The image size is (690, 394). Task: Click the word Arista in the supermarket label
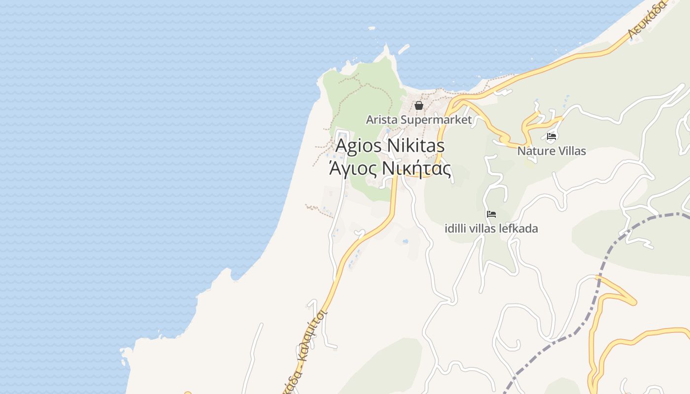tap(381, 120)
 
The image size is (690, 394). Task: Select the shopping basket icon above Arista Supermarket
tap(419, 105)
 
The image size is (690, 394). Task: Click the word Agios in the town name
tap(358, 146)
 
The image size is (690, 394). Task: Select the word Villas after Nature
tap(570, 151)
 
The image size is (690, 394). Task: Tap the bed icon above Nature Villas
tap(552, 136)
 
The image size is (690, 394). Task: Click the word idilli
tap(456, 229)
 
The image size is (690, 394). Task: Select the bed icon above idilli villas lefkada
tap(491, 214)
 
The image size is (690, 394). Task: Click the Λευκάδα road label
tap(647, 20)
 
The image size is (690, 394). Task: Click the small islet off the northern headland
tap(403, 49)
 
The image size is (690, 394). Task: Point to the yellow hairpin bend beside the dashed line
tap(631, 300)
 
